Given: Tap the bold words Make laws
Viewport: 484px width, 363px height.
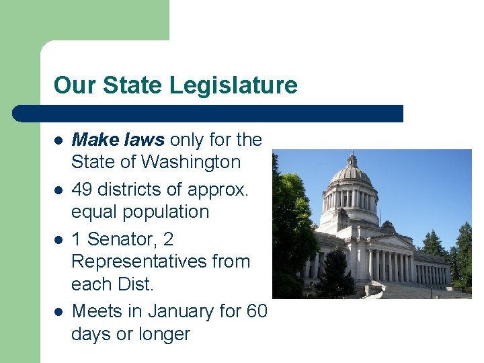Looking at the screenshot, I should tap(118, 140).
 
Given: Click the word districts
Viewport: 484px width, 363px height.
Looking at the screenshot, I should tap(129, 190).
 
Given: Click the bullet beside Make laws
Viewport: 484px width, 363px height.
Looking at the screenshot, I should tap(58, 140).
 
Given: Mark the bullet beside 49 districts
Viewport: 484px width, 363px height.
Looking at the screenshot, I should tap(58, 190).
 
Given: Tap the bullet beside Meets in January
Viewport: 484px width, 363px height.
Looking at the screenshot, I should tap(58, 312).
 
